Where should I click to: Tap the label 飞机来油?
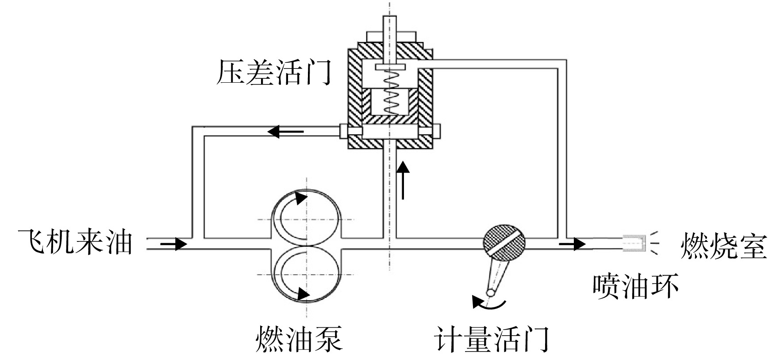coord(76,242)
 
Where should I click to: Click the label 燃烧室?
coord(723,246)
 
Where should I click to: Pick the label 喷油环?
coord(636,286)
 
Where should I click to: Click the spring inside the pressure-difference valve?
coord(390,91)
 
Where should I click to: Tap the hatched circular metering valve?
coord(504,242)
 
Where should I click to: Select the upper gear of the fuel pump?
coord(306,217)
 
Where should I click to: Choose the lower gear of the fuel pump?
coord(306,274)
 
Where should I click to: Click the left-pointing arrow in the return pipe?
coord(285,131)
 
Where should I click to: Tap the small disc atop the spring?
coord(390,67)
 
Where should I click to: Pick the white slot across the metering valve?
coord(504,242)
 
